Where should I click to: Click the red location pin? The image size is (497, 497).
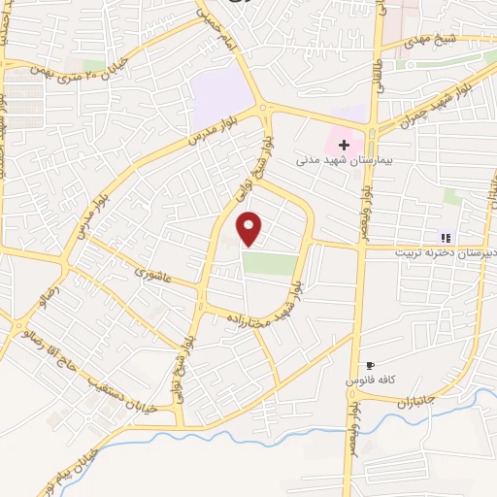[249, 227]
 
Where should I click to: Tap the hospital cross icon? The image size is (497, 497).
[344, 145]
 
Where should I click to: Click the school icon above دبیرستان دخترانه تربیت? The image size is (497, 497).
[446, 237]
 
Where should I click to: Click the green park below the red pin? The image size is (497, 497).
[269, 263]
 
